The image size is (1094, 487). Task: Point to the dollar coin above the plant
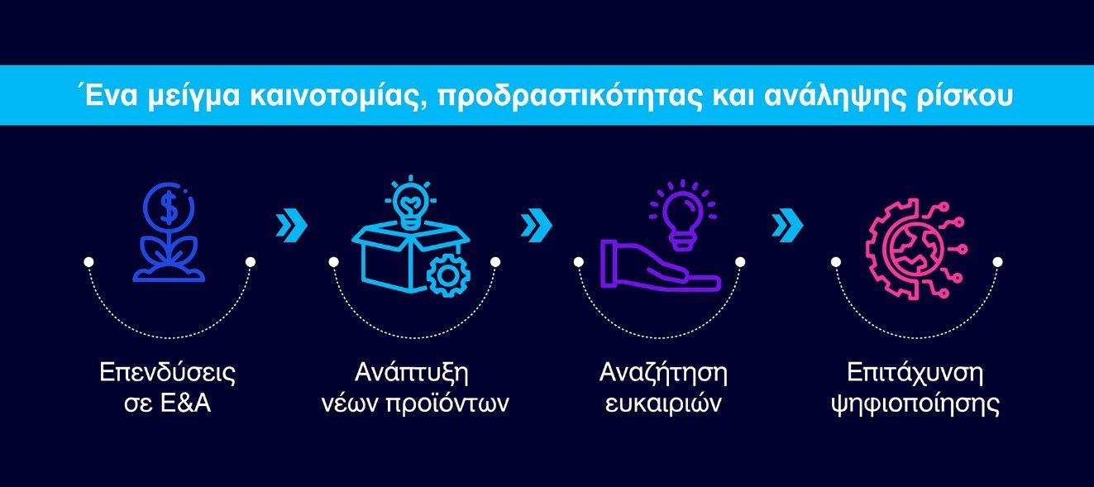click(x=169, y=207)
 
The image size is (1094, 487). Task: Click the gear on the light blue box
click(x=448, y=275)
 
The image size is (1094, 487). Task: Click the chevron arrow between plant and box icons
click(x=292, y=225)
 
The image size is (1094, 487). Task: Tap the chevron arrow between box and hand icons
click(x=537, y=225)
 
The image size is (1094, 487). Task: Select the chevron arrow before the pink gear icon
click(x=787, y=225)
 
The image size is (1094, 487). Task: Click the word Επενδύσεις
click(x=168, y=373)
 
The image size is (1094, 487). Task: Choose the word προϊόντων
click(x=447, y=404)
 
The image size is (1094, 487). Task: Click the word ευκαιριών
click(x=663, y=404)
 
